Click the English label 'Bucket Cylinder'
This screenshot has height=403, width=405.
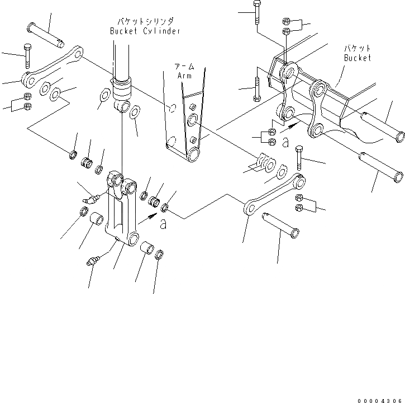[x=145, y=31]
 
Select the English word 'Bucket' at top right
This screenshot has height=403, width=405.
[x=357, y=58]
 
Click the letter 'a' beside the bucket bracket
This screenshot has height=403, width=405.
[x=285, y=143]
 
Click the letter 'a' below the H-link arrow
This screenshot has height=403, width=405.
[x=163, y=224]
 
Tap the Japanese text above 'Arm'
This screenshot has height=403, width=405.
[x=184, y=65]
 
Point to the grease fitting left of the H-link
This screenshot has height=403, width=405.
[x=92, y=198]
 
